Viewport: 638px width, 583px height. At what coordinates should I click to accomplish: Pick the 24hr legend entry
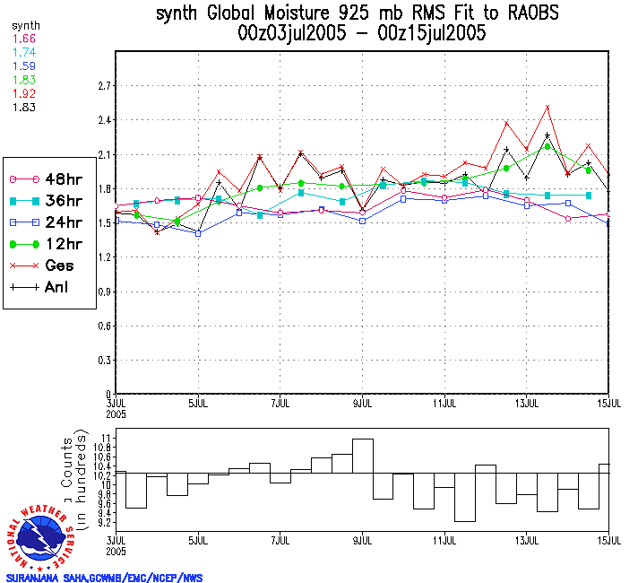[x=40, y=222]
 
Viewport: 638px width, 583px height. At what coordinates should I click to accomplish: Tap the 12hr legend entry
[x=40, y=244]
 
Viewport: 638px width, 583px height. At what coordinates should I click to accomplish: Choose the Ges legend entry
[x=40, y=265]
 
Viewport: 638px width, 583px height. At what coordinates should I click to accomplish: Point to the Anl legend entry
[x=40, y=288]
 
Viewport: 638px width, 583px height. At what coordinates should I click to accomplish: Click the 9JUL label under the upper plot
[x=363, y=403]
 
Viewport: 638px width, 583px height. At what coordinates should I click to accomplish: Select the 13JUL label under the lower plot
[x=526, y=544]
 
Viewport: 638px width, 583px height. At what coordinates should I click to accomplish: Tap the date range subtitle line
[x=362, y=34]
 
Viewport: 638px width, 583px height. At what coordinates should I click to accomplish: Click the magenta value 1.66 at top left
[x=24, y=39]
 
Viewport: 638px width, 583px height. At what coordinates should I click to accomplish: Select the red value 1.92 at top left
[x=24, y=93]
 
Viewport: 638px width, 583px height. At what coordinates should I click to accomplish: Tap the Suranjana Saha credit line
[x=104, y=577]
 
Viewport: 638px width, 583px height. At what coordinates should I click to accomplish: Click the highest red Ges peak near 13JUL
[x=547, y=107]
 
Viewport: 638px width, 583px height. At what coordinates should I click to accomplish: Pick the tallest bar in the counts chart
[x=363, y=456]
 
